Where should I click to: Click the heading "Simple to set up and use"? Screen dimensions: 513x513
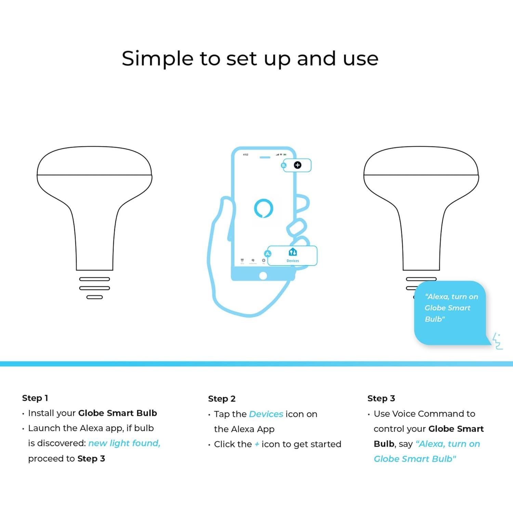(250, 58)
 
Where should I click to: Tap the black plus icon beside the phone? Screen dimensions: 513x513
(298, 165)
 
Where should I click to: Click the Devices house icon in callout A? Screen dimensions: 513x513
(293, 252)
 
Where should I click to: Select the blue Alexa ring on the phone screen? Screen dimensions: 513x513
(264, 208)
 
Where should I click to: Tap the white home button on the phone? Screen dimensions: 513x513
(263, 276)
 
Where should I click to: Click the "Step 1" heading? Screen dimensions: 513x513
(35, 398)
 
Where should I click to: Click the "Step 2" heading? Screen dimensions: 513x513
(222, 399)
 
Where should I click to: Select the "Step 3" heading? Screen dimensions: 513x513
(381, 398)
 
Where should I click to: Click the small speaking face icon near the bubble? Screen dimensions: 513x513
(498, 341)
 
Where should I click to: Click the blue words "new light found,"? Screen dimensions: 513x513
(124, 443)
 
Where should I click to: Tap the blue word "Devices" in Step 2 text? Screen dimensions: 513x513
(266, 414)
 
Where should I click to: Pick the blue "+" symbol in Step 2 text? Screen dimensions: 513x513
(257, 444)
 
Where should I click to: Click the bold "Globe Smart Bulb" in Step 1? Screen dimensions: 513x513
(117, 413)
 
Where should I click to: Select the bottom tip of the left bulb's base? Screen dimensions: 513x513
(94, 297)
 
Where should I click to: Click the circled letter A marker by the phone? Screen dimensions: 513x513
(268, 254)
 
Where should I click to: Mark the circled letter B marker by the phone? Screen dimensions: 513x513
(284, 166)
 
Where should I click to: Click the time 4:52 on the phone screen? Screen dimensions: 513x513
(246, 155)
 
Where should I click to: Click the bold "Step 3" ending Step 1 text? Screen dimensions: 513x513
(91, 459)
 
